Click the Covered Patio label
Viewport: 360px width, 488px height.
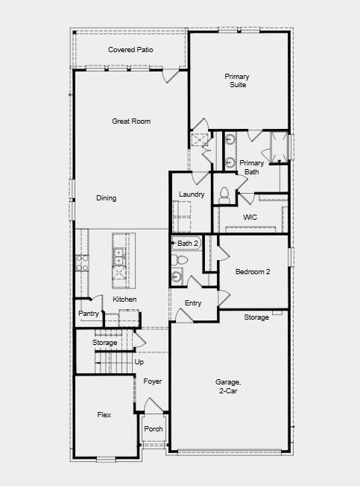(x=130, y=50)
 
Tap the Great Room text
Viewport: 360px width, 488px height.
(x=131, y=121)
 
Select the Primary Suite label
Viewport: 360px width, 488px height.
(x=237, y=80)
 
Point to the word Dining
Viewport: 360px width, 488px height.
(x=106, y=198)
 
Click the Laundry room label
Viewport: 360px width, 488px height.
(x=192, y=194)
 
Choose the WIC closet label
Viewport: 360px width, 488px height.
(x=250, y=217)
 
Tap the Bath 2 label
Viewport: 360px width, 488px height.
(x=188, y=244)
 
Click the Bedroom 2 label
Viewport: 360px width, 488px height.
(x=253, y=272)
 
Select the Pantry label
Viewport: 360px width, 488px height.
(x=89, y=314)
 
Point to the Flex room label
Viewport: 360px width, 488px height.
(x=104, y=414)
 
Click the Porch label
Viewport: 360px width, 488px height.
(x=154, y=429)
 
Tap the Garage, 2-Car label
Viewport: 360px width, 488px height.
(x=228, y=386)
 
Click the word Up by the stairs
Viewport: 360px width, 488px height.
(x=139, y=362)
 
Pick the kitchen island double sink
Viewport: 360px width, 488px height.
(x=119, y=256)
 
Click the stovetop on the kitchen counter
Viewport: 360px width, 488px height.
(x=82, y=263)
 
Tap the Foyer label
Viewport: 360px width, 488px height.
(x=153, y=381)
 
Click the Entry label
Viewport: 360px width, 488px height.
(x=193, y=303)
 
